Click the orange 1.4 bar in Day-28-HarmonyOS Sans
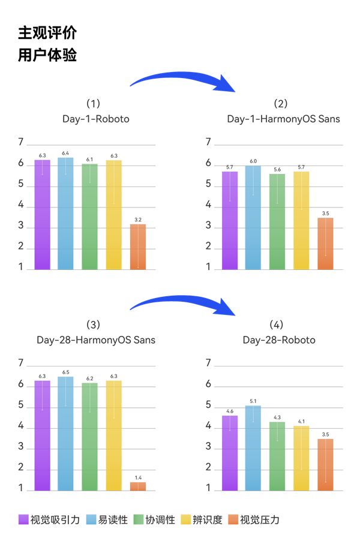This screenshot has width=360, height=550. tap(137, 486)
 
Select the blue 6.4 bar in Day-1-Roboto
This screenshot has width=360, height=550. tap(65, 213)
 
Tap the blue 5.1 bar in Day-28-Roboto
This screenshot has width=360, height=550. tap(253, 447)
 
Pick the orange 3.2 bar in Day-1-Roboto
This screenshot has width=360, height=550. tap(137, 246)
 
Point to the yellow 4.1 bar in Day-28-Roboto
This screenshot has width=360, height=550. tap(301, 458)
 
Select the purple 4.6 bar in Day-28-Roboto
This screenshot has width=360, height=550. tap(230, 452)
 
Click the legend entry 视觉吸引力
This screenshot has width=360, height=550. tap(49, 519)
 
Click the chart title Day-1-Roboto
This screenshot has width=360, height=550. tap(95, 119)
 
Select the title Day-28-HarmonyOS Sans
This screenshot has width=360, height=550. tap(95, 340)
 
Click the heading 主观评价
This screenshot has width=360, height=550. tap(47, 32)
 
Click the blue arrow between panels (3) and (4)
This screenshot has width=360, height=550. tap(183, 304)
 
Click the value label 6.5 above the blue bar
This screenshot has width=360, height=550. tap(65, 372)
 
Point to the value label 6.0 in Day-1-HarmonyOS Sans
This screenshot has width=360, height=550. tap(253, 161)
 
